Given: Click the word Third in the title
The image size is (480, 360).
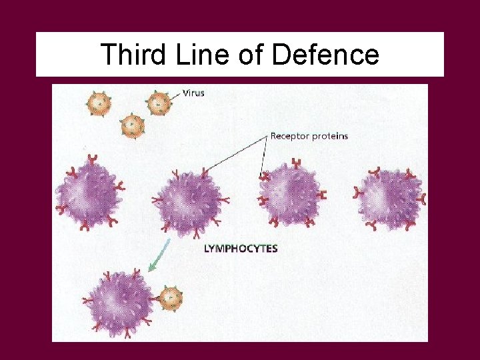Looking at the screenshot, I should click(x=131, y=55).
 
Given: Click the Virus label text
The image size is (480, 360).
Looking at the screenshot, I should click(x=193, y=93).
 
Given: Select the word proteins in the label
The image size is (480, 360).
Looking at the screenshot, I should click(x=331, y=136).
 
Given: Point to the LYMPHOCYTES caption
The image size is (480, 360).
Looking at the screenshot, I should click(x=240, y=249).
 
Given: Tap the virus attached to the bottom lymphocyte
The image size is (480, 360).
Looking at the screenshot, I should click(x=171, y=297).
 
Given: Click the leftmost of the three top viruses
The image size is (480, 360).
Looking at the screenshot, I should click(x=99, y=103).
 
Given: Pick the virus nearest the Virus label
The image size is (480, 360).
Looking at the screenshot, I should click(x=158, y=103).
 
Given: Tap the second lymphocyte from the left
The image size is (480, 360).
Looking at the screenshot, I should click(x=187, y=199).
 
